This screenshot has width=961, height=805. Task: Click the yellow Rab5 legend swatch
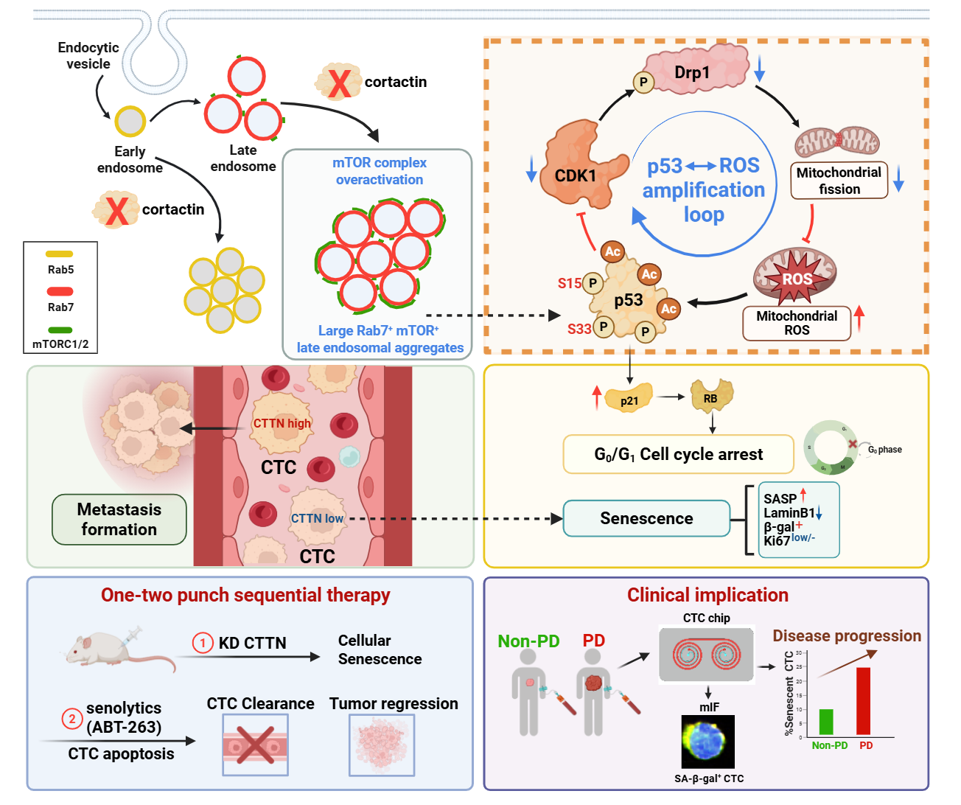click(x=60, y=254)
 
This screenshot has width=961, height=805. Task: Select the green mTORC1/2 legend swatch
click(x=60, y=330)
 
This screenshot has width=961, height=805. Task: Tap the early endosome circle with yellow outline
click(x=130, y=121)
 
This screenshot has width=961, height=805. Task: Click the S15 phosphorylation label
click(x=569, y=284)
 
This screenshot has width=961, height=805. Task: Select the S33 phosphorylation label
click(x=579, y=329)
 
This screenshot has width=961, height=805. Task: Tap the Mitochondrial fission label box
click(x=839, y=181)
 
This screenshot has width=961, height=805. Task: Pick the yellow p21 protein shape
click(x=629, y=398)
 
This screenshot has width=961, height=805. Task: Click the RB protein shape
click(x=710, y=397)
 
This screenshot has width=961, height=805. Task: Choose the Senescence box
click(x=646, y=518)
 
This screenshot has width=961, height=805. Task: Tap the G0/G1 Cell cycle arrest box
click(x=678, y=454)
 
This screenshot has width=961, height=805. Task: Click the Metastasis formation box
click(x=119, y=519)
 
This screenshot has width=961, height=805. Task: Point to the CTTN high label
click(x=282, y=423)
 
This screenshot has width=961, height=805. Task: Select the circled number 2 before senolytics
click(x=72, y=718)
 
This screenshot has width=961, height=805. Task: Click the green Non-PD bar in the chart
click(x=826, y=722)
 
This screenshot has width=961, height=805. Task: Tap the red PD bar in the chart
click(x=863, y=701)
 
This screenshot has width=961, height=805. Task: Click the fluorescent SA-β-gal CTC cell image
click(x=708, y=742)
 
